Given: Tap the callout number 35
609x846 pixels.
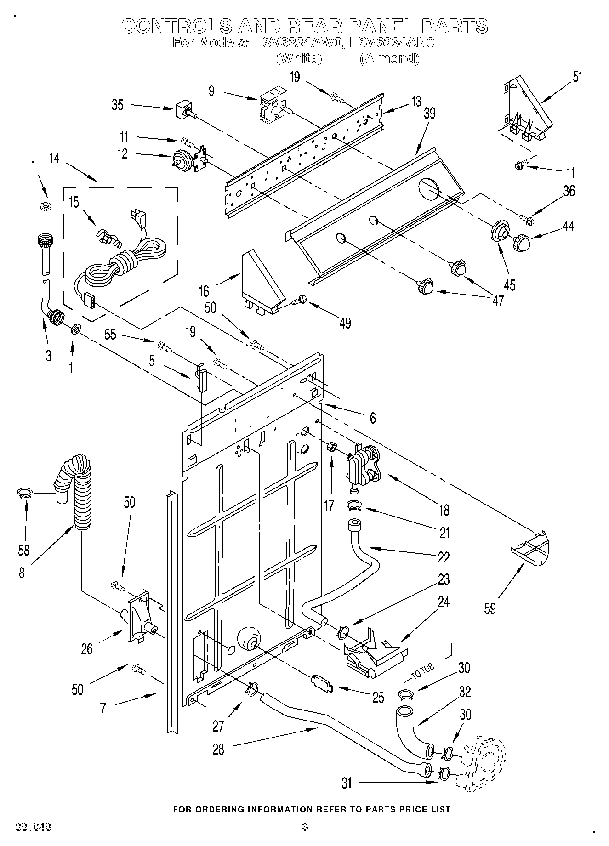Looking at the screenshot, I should [118, 105].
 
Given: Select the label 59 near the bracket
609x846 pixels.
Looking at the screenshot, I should [490, 608].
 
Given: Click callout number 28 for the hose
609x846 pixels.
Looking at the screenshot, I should [218, 749].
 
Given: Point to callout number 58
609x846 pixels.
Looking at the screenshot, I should [23, 550].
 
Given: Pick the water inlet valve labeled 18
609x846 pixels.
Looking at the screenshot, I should [364, 466].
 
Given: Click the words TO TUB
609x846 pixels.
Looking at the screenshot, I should [421, 672].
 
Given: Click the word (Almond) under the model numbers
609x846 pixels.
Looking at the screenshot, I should [389, 58].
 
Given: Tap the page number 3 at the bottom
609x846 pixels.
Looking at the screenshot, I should [304, 827].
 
